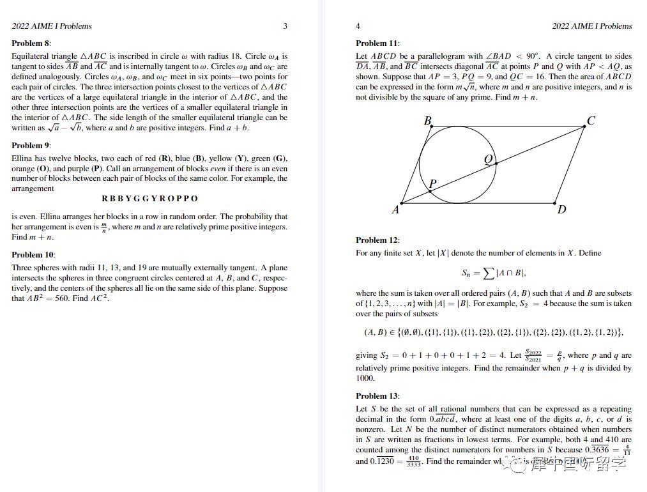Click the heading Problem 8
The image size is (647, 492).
(30, 43)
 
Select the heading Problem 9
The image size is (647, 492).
(30, 146)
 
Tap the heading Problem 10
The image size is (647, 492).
(32, 255)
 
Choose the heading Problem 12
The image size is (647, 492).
(377, 240)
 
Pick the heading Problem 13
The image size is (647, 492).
(377, 396)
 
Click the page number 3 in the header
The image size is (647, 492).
(285, 26)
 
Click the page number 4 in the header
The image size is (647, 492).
(358, 26)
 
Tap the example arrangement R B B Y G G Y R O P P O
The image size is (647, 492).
(149, 199)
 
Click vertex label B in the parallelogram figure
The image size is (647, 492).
(427, 121)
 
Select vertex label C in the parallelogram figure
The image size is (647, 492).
(591, 121)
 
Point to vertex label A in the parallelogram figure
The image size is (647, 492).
(395, 210)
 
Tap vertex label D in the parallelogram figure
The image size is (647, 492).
(561, 210)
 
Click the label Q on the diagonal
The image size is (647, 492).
(489, 160)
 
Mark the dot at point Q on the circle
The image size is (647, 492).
(496, 164)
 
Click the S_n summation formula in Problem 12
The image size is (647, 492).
(493, 273)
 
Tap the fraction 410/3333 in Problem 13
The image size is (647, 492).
(413, 461)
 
